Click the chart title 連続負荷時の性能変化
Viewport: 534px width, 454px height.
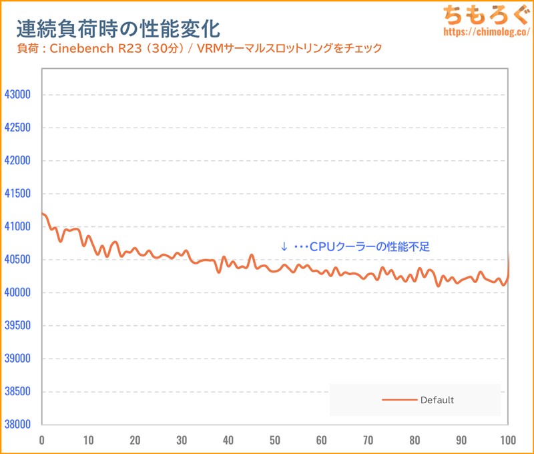click(x=117, y=29)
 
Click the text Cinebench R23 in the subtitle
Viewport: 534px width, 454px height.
click(x=92, y=49)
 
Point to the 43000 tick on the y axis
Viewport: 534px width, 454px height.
click(x=17, y=95)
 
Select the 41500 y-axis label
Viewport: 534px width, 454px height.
click(x=17, y=194)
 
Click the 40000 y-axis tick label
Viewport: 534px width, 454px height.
click(x=17, y=292)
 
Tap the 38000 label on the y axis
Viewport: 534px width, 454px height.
click(x=17, y=425)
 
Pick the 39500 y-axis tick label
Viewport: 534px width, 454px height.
click(x=17, y=326)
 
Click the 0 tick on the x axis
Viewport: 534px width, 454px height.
click(x=42, y=441)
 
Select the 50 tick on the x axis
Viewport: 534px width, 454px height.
click(x=275, y=441)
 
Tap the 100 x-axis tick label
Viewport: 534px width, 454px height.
click(x=508, y=441)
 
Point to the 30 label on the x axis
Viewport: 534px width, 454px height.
click(x=182, y=441)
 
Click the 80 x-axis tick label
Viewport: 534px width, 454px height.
click(x=415, y=441)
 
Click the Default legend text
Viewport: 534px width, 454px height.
click(x=437, y=400)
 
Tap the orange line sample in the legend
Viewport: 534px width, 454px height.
click(x=398, y=400)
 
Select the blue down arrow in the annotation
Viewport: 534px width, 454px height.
click(x=284, y=247)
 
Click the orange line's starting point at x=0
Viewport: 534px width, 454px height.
click(x=43, y=214)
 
